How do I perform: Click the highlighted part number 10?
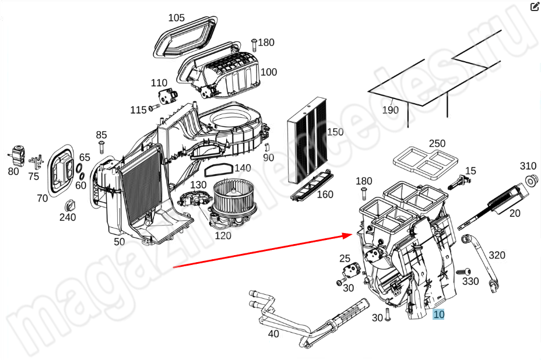[438, 314]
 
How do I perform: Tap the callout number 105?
[176, 17]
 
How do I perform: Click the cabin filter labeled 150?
[307, 140]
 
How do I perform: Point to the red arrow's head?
[347, 235]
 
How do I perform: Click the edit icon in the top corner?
[534, 6]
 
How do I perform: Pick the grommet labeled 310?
[529, 180]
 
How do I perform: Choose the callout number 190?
[390, 110]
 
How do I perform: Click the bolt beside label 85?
[101, 147]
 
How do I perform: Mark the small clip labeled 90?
[266, 147]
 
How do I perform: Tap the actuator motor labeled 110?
[167, 96]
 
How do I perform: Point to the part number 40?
[273, 334]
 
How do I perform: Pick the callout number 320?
[497, 255]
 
